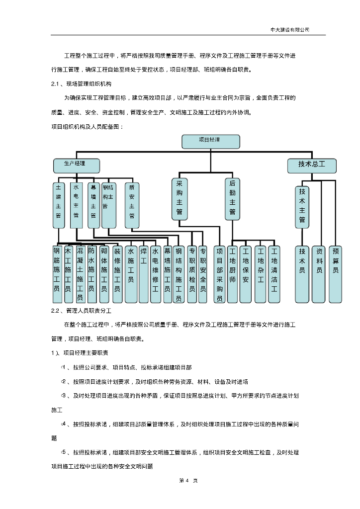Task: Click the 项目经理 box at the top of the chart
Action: click(x=211, y=141)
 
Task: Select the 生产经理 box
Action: click(x=77, y=165)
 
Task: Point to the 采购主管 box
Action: click(x=180, y=198)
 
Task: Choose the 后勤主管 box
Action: click(x=232, y=198)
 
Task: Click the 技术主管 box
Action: click(x=302, y=205)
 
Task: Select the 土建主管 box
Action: click(x=59, y=204)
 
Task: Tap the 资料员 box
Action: click(x=320, y=273)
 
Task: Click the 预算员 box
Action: click(x=336, y=273)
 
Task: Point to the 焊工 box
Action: click(x=144, y=273)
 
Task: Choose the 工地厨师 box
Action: click(x=232, y=273)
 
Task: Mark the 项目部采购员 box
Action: click(x=220, y=273)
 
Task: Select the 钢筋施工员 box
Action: click(x=57, y=273)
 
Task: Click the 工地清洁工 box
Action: click(x=274, y=273)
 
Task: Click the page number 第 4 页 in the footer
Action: click(x=181, y=481)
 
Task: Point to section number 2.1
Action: click(x=56, y=84)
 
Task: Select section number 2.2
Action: click(x=56, y=311)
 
